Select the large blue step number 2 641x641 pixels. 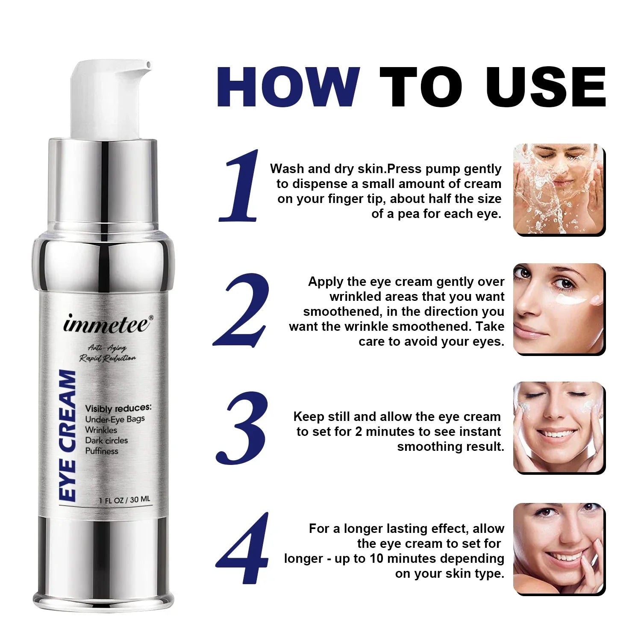242,310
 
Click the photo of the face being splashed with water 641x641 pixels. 559,189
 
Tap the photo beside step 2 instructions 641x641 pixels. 559,309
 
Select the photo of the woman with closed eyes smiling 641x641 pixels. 559,427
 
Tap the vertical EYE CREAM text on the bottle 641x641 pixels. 68,436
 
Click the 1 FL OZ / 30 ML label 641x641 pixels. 124,500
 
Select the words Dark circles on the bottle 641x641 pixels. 106,440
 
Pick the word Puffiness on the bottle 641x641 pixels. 102,451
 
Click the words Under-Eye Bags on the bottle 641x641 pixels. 115,419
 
